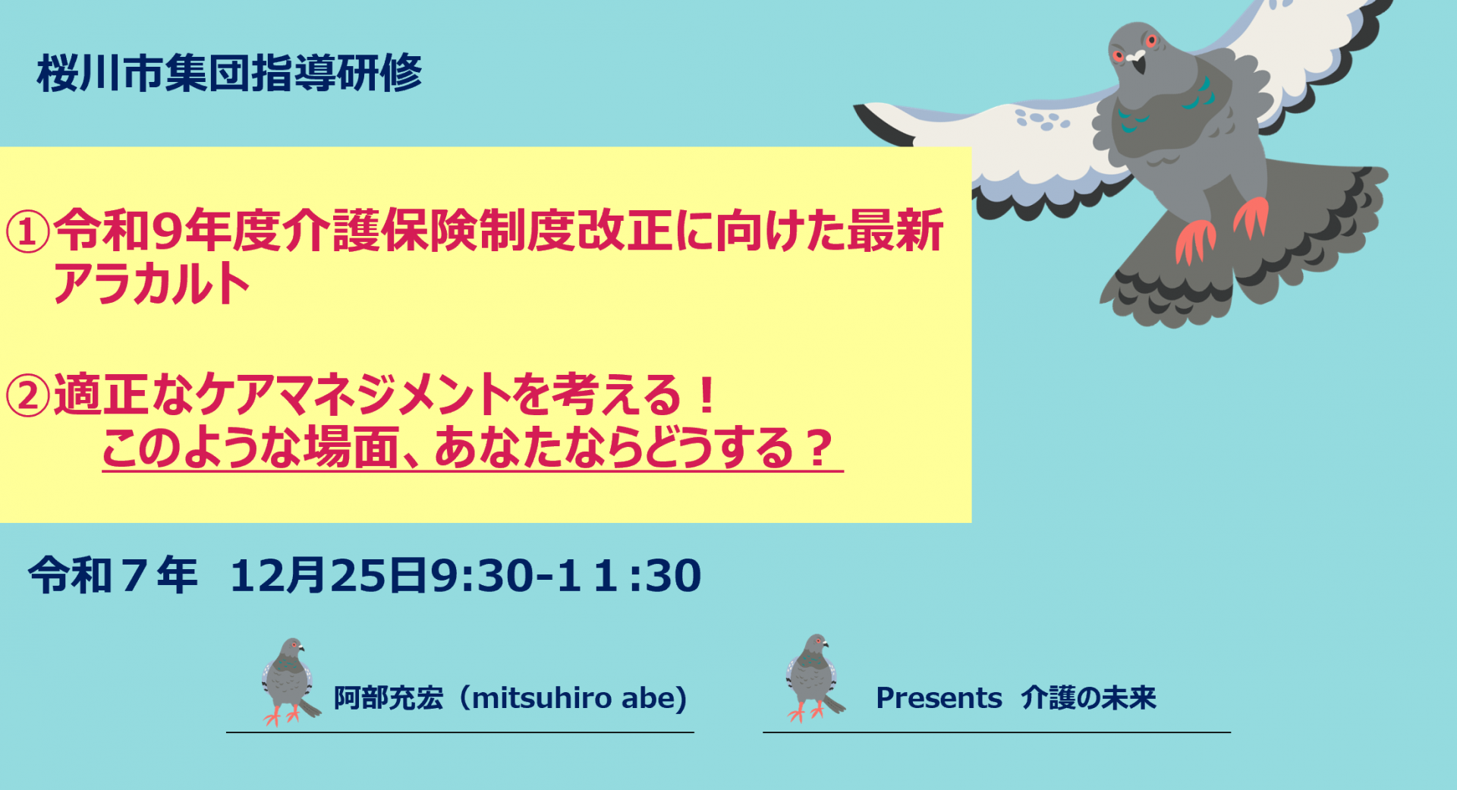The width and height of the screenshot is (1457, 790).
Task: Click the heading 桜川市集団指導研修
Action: tap(229, 74)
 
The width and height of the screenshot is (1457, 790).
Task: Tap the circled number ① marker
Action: tap(28, 231)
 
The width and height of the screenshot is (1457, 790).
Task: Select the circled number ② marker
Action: tap(28, 395)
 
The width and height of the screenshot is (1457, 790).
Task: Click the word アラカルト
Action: tap(152, 284)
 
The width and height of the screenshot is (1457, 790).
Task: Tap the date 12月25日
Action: tap(329, 575)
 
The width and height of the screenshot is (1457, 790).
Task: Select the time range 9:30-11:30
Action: tap(566, 575)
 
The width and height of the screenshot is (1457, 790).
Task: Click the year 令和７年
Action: tap(113, 575)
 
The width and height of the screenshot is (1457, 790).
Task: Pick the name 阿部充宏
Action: tap(389, 698)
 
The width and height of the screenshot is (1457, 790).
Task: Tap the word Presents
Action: tap(939, 698)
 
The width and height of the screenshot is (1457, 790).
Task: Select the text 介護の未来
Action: tap(1089, 698)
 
